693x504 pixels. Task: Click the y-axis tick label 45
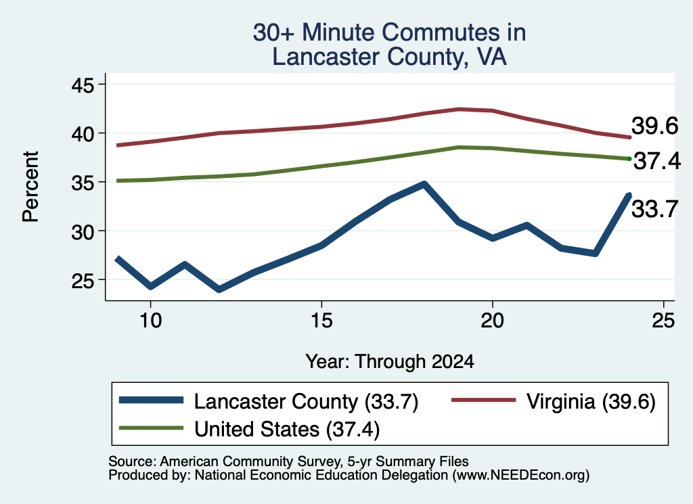tap(83, 85)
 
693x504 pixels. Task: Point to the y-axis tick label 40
tap(83, 133)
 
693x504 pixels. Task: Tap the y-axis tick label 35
tap(83, 183)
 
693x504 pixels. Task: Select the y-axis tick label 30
tap(83, 231)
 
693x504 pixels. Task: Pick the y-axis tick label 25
tap(83, 281)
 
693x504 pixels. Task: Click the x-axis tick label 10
tap(151, 320)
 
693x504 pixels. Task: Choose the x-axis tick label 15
tap(321, 320)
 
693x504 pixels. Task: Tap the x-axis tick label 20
tap(493, 320)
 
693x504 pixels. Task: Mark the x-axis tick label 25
tap(663, 320)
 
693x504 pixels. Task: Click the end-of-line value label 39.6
tap(654, 127)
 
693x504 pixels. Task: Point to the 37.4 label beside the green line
tap(657, 161)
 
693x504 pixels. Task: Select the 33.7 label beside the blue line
tap(654, 209)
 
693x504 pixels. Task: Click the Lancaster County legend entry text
tap(306, 402)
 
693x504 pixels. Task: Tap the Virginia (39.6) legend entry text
tap(591, 402)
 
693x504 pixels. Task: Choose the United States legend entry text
tap(287, 430)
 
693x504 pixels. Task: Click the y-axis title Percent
tap(30, 187)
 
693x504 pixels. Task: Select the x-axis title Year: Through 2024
tap(389, 362)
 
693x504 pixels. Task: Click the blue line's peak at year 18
tap(424, 184)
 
